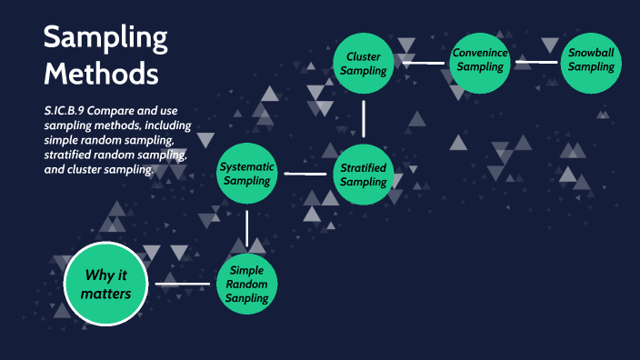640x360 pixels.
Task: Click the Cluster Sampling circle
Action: coord(363,64)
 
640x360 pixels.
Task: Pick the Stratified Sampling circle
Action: coord(363,173)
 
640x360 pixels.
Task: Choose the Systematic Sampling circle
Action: coord(247,173)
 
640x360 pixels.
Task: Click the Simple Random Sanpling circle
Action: coord(247,285)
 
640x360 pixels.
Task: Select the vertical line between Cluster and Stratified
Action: coord(363,118)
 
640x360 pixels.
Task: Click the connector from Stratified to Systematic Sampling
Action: coord(305,173)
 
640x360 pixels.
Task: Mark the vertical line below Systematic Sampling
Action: coord(247,228)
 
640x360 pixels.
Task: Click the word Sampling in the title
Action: coord(105,38)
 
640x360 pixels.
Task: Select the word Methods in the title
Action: coord(101,72)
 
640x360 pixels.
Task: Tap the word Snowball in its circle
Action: coord(591,54)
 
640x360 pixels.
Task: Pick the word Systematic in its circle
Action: coord(247,165)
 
